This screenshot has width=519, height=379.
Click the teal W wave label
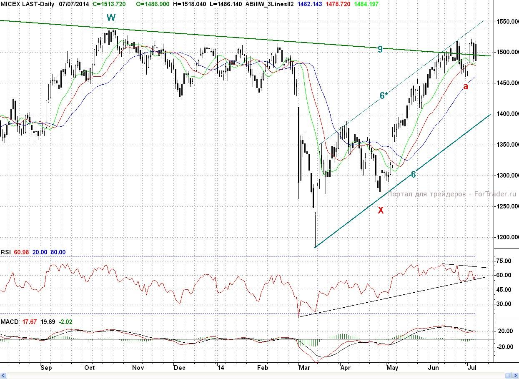coord(111,18)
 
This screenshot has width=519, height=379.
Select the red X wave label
coord(381,210)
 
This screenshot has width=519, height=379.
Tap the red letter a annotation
coord(466,87)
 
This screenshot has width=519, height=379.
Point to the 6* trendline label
coord(384,95)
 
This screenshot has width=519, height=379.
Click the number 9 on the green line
coord(380,49)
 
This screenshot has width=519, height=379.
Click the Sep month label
coord(46,368)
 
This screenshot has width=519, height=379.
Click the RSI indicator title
coord(5,252)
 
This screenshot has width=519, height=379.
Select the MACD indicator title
coord(9,322)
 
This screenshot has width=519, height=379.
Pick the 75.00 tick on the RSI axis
coord(503,261)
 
